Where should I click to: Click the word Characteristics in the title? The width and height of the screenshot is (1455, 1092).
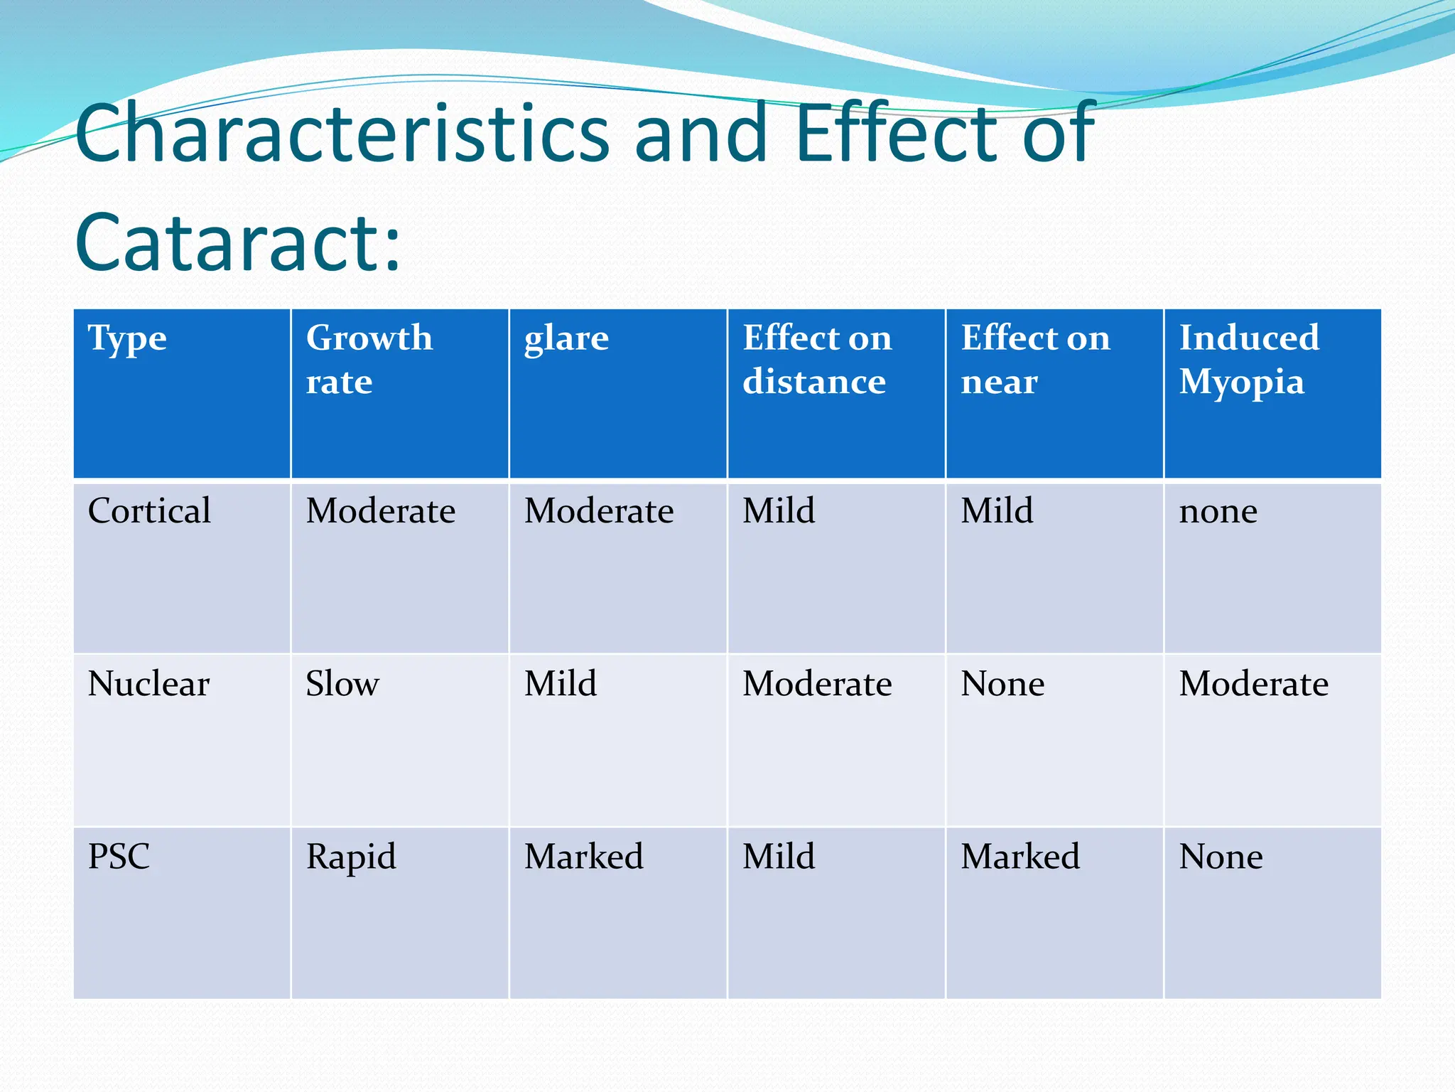coord(342,134)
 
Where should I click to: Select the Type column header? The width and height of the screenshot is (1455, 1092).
coord(127,338)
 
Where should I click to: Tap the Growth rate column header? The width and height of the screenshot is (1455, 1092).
coord(369,359)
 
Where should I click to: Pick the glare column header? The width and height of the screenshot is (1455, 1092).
coord(566,338)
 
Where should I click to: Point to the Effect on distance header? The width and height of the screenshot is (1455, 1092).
coord(816,359)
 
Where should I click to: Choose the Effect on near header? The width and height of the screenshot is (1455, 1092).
coord(1034,359)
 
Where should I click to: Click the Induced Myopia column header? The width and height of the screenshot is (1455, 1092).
coord(1248,359)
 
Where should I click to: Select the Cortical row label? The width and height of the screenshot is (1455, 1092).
coord(149,510)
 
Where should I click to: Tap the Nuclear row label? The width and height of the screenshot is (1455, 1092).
coord(148,684)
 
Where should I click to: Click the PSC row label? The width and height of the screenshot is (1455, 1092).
coord(119,856)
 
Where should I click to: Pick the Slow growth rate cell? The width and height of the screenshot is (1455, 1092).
coord(342,684)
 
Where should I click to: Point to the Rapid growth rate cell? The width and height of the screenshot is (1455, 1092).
coord(351,857)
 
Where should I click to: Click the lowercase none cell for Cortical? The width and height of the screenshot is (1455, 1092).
coord(1218,512)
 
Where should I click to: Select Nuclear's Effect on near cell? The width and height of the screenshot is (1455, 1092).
coord(1002,684)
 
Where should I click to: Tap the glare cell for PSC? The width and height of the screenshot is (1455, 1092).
coord(583,856)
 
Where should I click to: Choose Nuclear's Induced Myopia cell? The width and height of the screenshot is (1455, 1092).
coord(1253,684)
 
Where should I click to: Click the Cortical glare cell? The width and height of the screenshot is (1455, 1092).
coord(599,510)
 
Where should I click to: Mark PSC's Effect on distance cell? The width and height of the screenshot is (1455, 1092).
coord(779,856)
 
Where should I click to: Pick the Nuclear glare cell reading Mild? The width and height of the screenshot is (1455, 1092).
coord(561,684)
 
